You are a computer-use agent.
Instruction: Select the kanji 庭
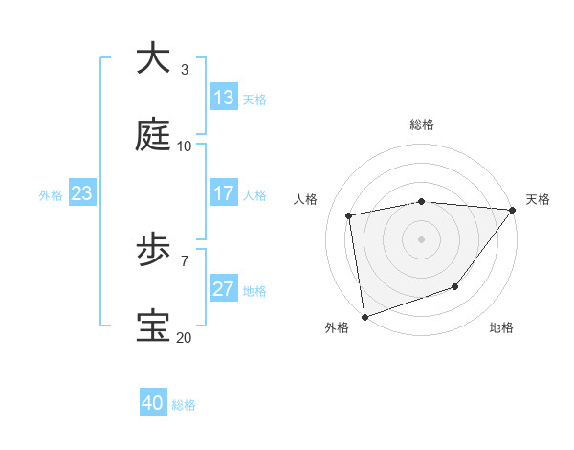(153, 135)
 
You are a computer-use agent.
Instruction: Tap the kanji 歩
(153, 250)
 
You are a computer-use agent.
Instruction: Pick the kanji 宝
(153, 326)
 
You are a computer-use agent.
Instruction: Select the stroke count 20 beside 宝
(184, 337)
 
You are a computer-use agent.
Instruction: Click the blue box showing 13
(224, 98)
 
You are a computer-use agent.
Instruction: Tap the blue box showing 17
(224, 193)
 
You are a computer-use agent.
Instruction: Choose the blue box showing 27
(224, 289)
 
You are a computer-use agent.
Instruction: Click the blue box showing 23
(82, 194)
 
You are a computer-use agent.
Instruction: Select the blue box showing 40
(153, 403)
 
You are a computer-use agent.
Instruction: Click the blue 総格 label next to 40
(184, 405)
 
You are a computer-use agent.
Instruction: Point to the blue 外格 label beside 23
(51, 195)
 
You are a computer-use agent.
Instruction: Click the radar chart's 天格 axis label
(538, 199)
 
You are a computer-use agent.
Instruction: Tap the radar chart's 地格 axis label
(501, 328)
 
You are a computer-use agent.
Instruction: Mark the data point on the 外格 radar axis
(364, 316)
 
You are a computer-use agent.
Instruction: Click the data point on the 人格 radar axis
(350, 216)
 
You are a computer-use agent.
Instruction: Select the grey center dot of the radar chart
(421, 239)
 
